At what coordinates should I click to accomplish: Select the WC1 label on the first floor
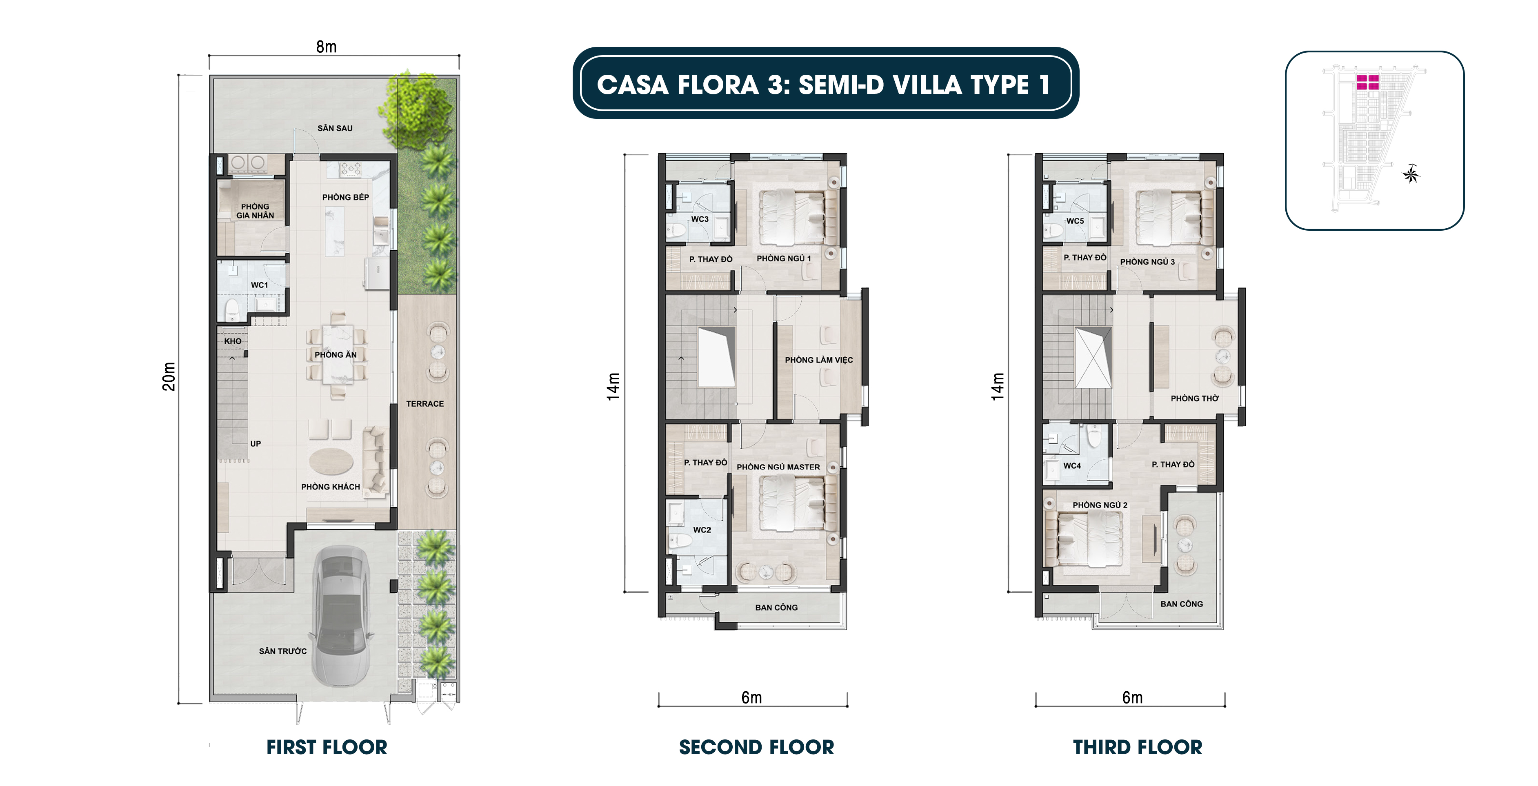tap(259, 285)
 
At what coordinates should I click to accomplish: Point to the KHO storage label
tap(233, 341)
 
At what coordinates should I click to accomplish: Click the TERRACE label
tap(425, 404)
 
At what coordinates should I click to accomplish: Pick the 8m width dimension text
tap(326, 47)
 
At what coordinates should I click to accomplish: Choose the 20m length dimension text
tap(169, 376)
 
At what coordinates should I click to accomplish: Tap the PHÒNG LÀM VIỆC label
tap(818, 360)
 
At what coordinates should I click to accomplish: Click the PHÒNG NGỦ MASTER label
tap(778, 467)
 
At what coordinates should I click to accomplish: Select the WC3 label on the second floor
tap(700, 219)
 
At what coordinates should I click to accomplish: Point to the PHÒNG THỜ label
tap(1194, 399)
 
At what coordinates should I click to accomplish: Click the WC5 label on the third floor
tap(1075, 221)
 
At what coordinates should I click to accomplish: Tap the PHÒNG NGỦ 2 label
tap(1100, 505)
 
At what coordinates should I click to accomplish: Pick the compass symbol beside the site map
tap(1411, 174)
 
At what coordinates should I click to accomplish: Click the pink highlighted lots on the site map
tap(1367, 82)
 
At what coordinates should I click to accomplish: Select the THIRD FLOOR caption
tap(1138, 747)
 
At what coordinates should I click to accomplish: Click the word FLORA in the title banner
tap(718, 85)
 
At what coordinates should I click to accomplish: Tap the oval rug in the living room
tap(331, 461)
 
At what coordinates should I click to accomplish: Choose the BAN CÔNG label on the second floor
tap(776, 608)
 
